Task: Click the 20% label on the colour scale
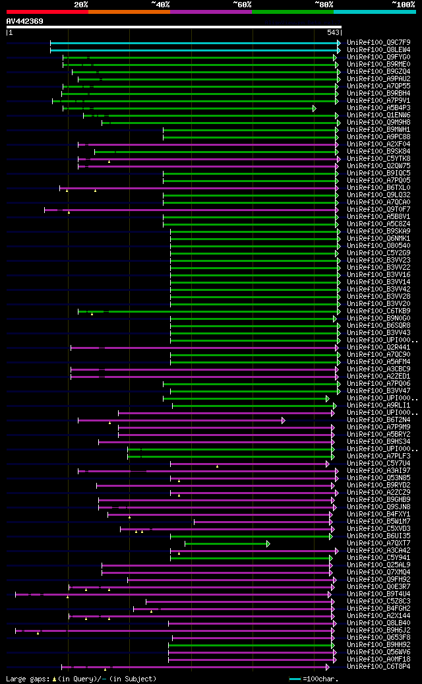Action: (80, 5)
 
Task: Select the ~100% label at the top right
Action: (403, 5)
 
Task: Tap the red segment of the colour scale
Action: (47, 12)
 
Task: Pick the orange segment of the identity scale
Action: (129, 12)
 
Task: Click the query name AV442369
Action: (25, 21)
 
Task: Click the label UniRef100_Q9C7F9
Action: (378, 42)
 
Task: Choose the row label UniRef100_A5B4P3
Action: (378, 108)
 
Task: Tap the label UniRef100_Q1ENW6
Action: (378, 115)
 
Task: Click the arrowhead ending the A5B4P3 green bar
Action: (315, 108)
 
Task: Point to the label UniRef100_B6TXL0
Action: (378, 187)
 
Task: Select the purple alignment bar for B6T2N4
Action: (181, 420)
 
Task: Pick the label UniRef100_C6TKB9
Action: (378, 311)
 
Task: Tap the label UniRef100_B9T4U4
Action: (378, 594)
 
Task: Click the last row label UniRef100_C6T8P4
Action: (378, 666)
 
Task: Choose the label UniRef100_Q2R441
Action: (378, 347)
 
